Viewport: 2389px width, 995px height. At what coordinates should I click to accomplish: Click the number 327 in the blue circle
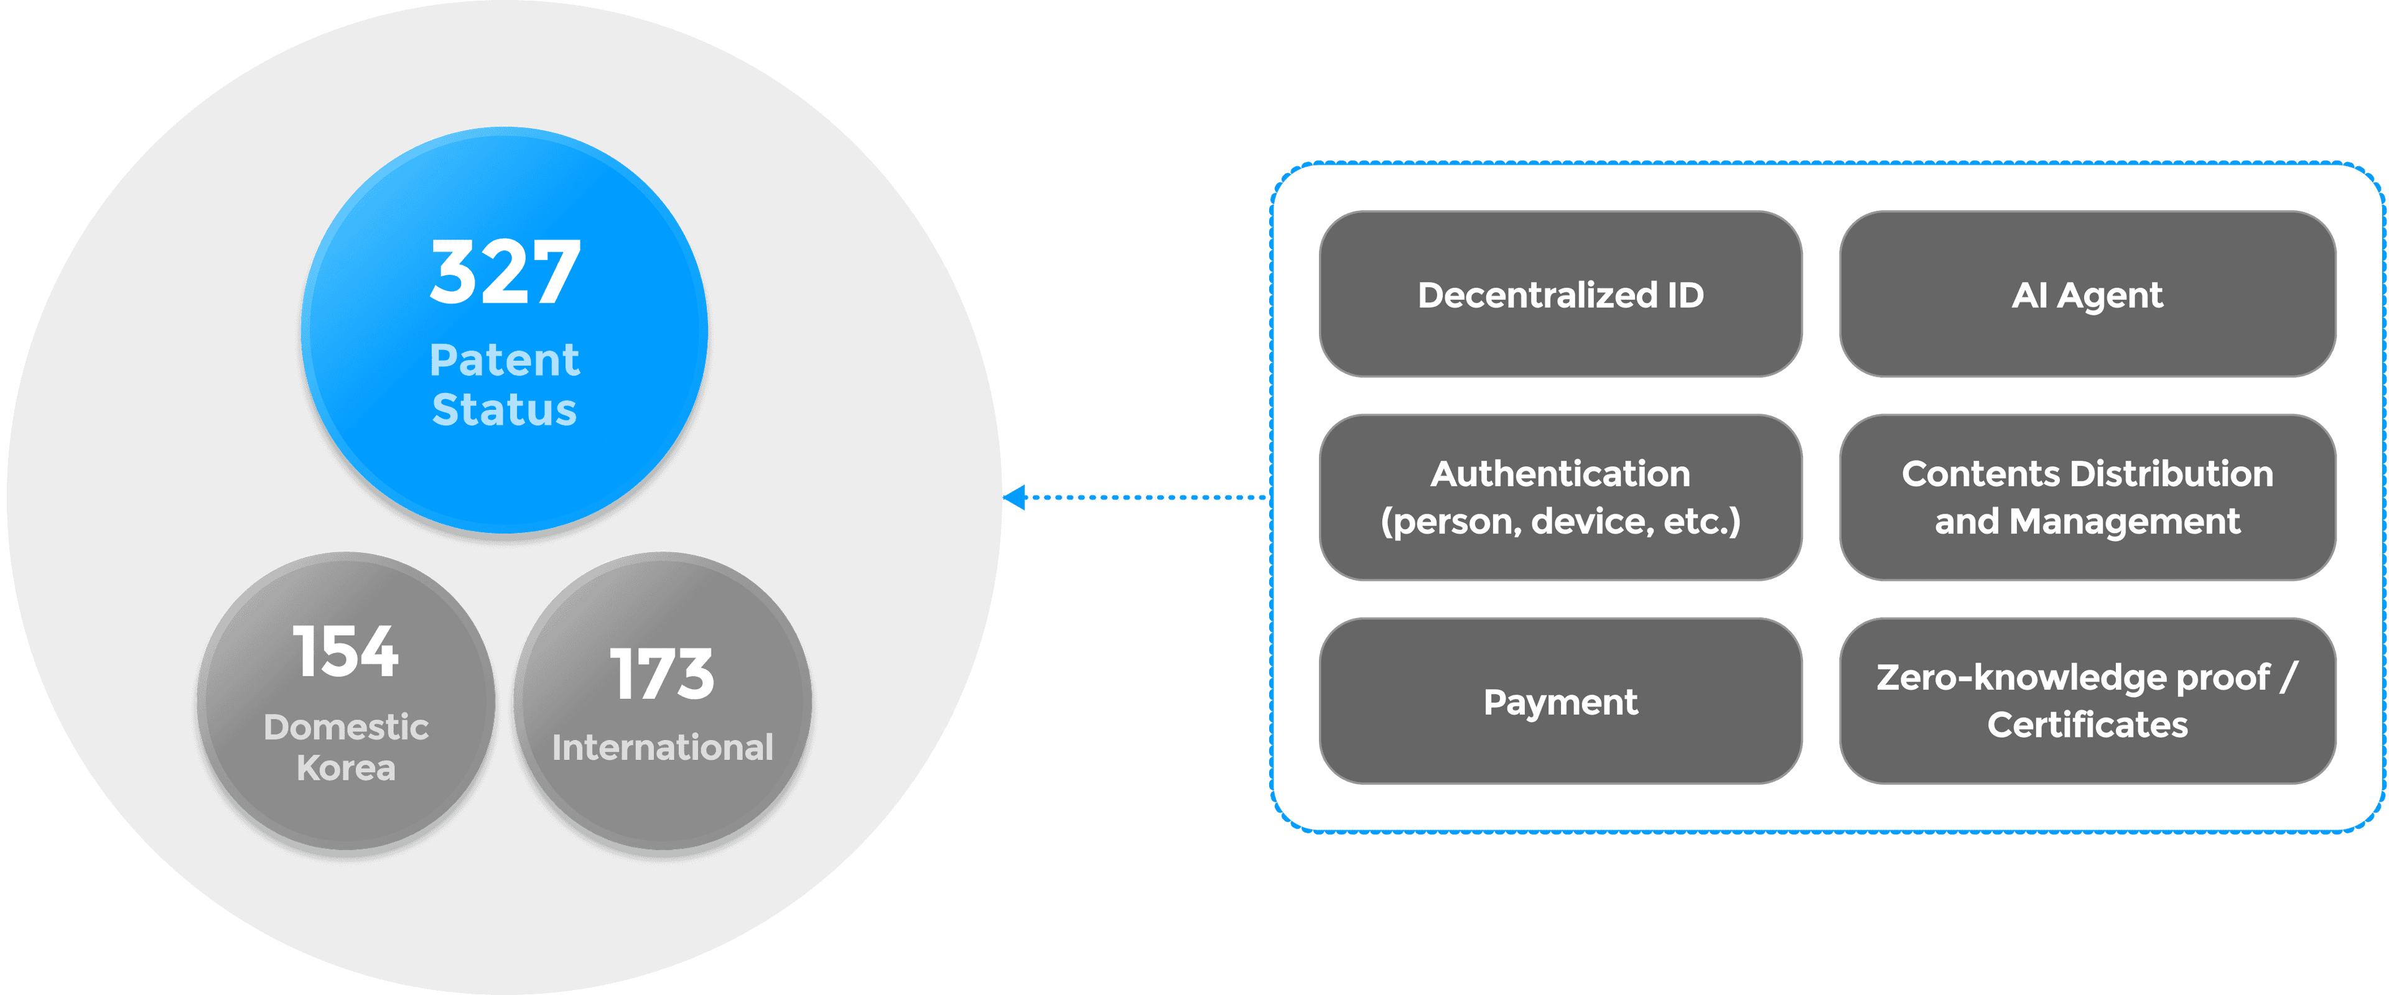pyautogui.click(x=505, y=272)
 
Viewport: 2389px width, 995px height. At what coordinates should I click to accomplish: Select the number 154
pyautogui.click(x=346, y=651)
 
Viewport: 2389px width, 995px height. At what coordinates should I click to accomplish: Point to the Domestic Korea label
pyautogui.click(x=346, y=747)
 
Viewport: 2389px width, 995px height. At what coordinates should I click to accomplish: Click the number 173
pyautogui.click(x=662, y=674)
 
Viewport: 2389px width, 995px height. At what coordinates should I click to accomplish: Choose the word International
pyautogui.click(x=662, y=747)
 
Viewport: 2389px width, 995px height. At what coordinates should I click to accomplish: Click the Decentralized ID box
pyautogui.click(x=1561, y=294)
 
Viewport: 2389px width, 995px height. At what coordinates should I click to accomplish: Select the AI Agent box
pyautogui.click(x=2088, y=294)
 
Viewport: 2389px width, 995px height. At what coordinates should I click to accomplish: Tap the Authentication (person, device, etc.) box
pyautogui.click(x=1561, y=497)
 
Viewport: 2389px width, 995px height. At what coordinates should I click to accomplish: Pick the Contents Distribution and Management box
pyautogui.click(x=2088, y=497)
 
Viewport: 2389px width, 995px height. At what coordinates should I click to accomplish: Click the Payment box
pyautogui.click(x=1561, y=701)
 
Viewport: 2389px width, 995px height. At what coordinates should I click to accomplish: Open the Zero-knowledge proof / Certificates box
pyautogui.click(x=2088, y=701)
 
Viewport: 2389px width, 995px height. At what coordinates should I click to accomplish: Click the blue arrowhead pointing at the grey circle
pyautogui.click(x=1015, y=497)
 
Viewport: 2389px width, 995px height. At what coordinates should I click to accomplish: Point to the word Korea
pyautogui.click(x=346, y=768)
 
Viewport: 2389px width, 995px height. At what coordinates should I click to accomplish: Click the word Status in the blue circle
pyautogui.click(x=505, y=410)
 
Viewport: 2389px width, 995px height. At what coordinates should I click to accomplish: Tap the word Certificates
pyautogui.click(x=2088, y=724)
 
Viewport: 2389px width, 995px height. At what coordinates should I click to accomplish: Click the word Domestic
pyautogui.click(x=346, y=727)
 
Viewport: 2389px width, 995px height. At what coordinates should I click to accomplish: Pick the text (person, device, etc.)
pyautogui.click(x=1561, y=521)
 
